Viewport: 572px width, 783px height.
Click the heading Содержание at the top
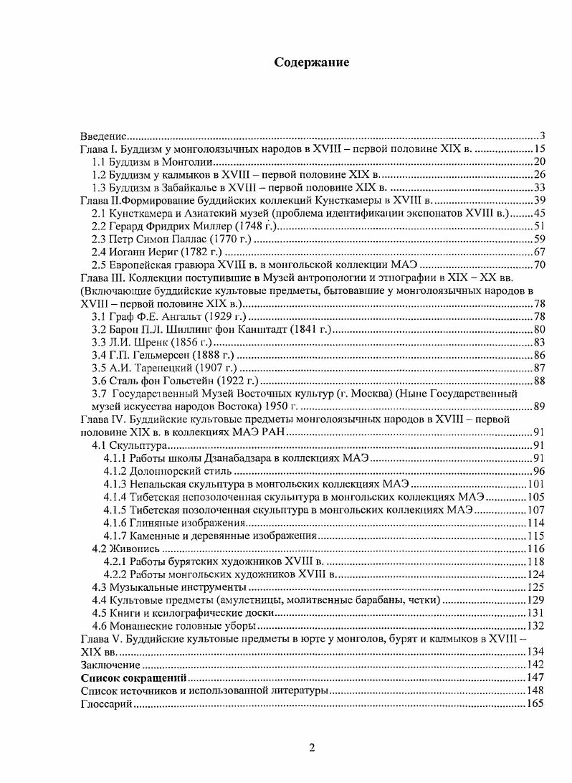click(x=312, y=62)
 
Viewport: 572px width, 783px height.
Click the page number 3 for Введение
click(x=543, y=136)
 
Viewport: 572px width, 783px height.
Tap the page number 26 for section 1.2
click(x=540, y=174)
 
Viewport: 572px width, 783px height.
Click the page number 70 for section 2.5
click(x=540, y=265)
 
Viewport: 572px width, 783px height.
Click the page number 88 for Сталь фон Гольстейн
click(x=540, y=381)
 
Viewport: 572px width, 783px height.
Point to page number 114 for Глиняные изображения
click(x=537, y=523)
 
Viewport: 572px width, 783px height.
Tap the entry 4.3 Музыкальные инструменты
click(x=156, y=587)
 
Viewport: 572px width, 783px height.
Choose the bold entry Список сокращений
click(x=133, y=678)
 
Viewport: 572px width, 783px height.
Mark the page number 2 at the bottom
click(x=312, y=749)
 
